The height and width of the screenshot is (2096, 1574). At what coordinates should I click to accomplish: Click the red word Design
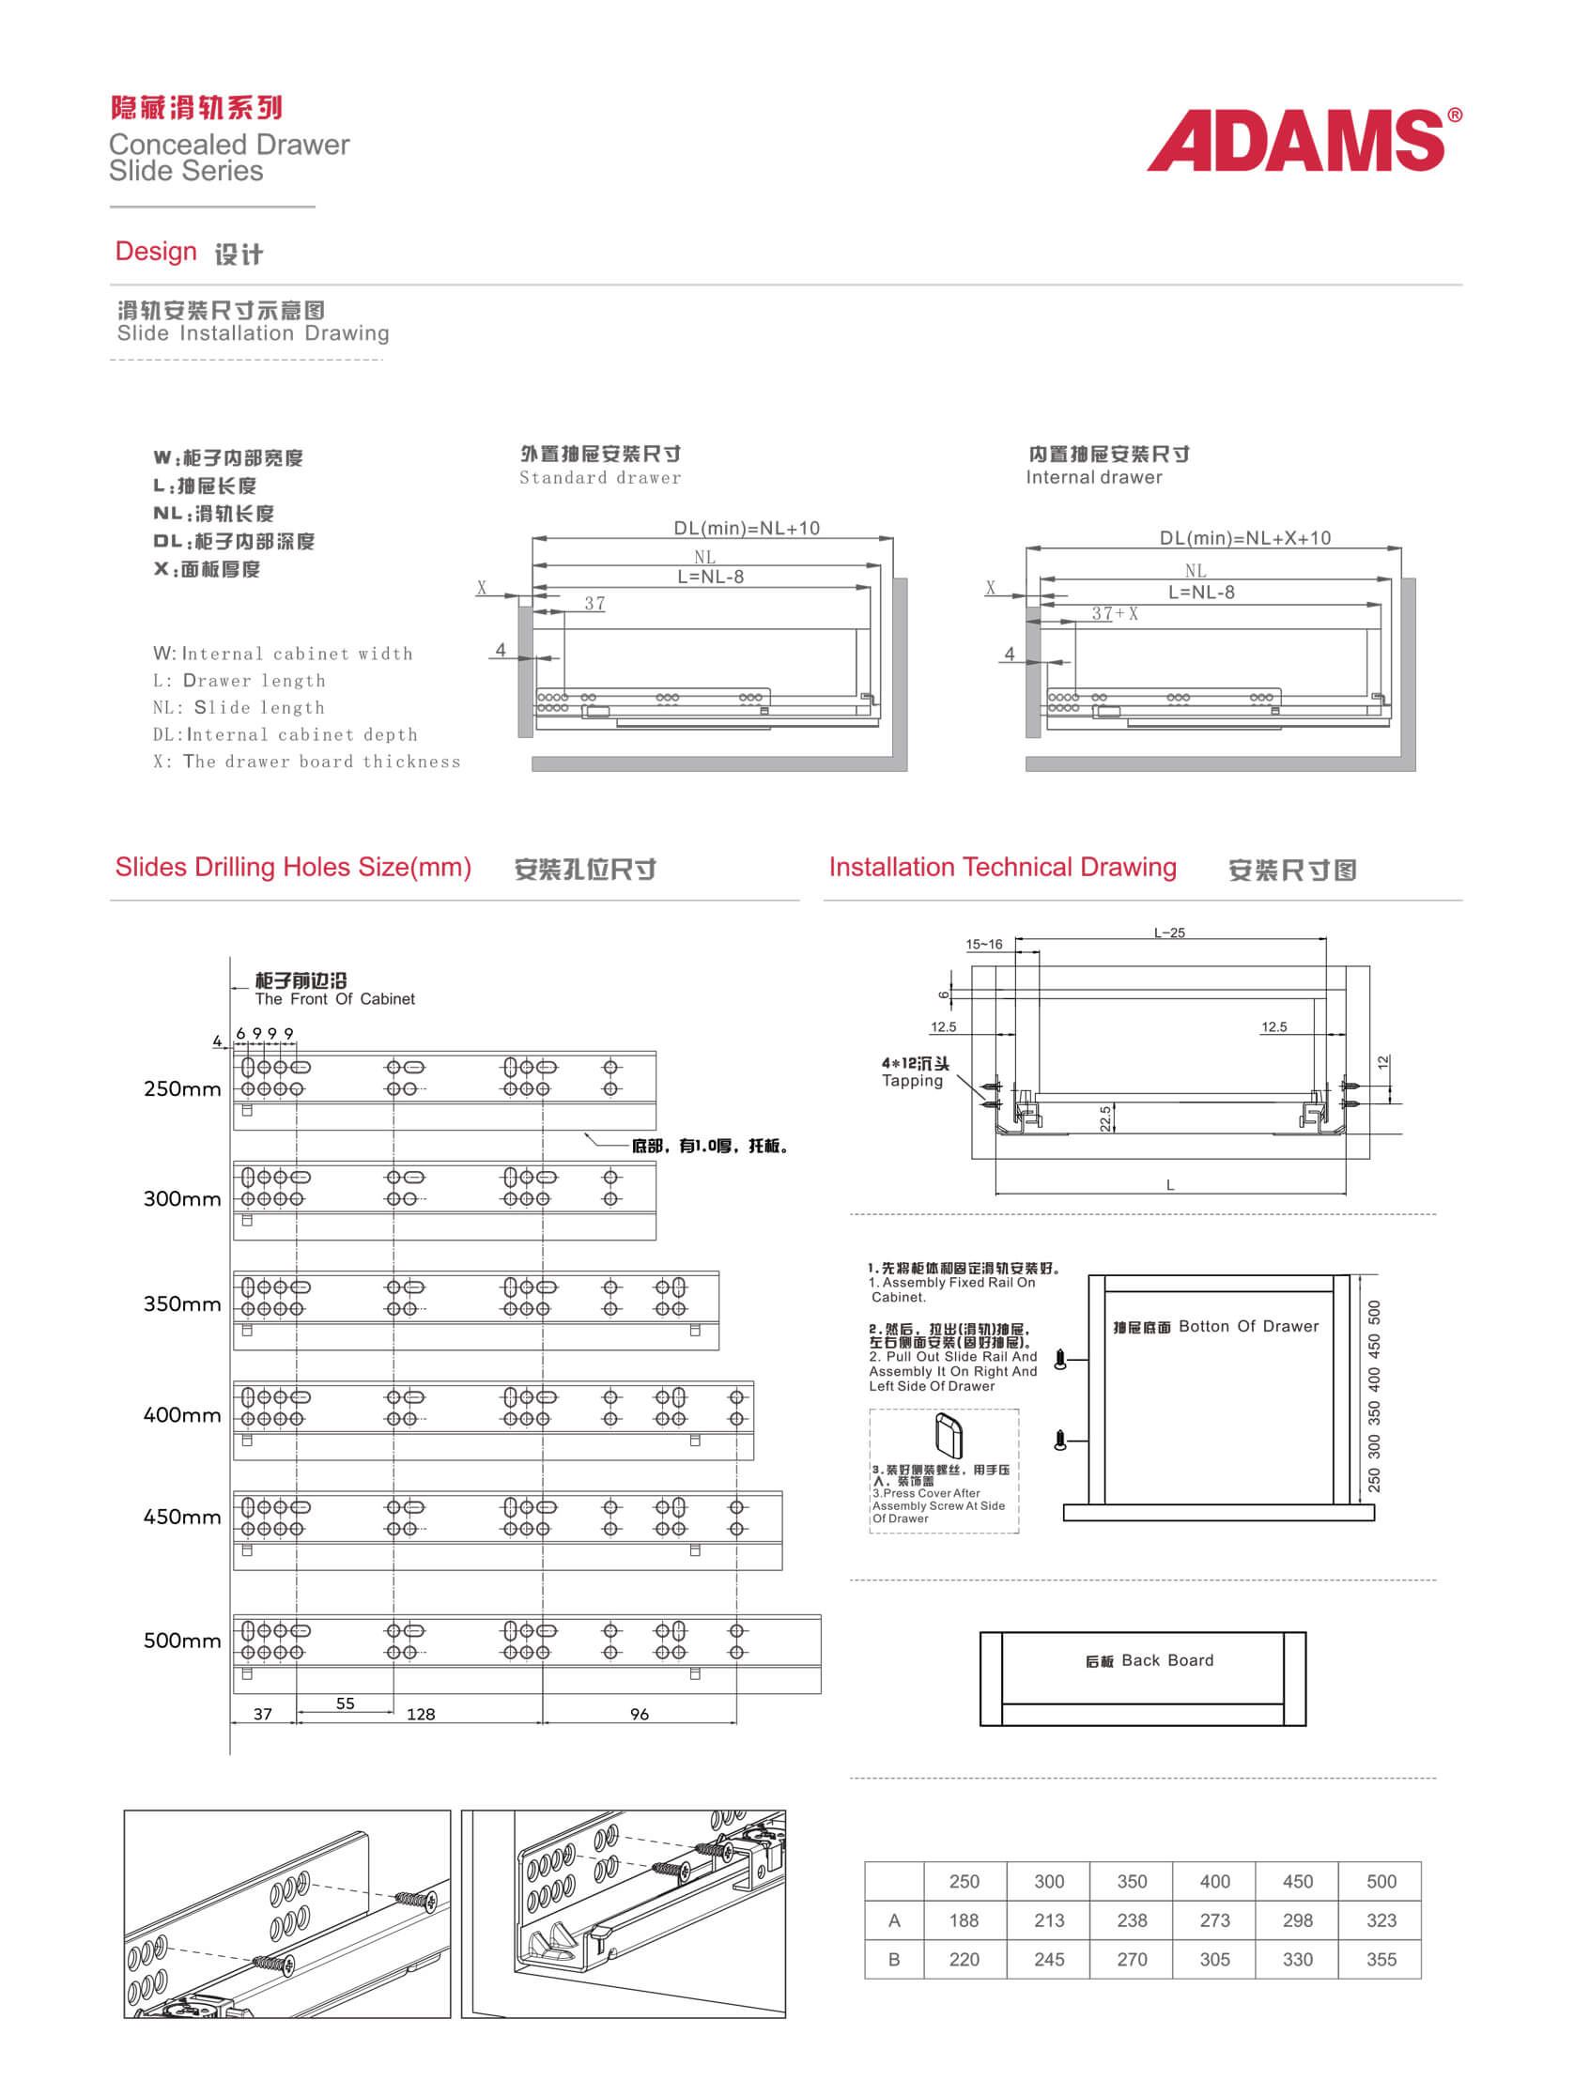click(x=155, y=251)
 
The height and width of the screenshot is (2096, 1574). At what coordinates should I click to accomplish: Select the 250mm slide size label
click(x=182, y=1088)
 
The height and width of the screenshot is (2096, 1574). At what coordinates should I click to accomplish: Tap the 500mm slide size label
click(x=182, y=1641)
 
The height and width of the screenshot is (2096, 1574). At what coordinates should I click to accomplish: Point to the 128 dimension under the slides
click(x=421, y=1714)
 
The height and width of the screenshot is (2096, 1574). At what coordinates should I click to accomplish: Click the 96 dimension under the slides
click(x=640, y=1714)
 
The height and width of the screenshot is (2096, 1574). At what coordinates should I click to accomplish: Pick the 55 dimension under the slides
click(x=345, y=1703)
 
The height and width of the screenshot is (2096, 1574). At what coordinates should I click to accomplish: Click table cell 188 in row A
click(x=964, y=1920)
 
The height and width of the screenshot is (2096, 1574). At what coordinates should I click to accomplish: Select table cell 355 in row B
click(x=1381, y=1960)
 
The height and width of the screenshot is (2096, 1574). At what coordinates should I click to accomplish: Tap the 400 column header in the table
click(x=1215, y=1882)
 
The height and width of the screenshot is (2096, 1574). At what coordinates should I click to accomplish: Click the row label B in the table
click(x=894, y=1960)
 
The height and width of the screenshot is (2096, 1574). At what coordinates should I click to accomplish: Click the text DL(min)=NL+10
click(x=747, y=528)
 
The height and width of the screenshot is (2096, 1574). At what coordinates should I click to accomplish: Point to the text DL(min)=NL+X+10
click(x=1245, y=538)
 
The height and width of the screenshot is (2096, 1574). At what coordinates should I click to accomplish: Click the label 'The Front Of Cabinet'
click(x=334, y=999)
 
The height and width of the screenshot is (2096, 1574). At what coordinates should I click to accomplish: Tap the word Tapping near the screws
click(x=913, y=1081)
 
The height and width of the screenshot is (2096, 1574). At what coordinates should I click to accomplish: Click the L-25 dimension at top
click(x=1169, y=932)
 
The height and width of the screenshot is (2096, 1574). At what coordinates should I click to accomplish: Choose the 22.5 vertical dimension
click(x=1106, y=1119)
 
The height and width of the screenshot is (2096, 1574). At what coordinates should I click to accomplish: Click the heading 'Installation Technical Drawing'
click(x=1003, y=867)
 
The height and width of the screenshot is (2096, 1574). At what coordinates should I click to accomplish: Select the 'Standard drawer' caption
click(x=600, y=478)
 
